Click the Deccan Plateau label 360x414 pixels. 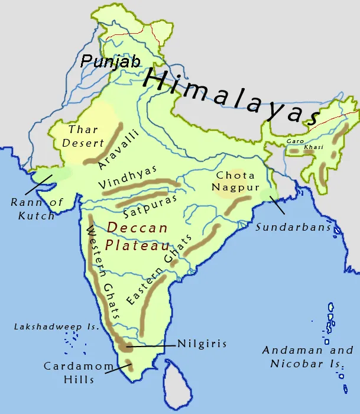(x=137, y=236)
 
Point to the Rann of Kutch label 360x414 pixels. (x=37, y=209)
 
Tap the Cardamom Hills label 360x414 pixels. (x=79, y=373)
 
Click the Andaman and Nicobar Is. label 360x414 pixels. (x=307, y=357)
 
